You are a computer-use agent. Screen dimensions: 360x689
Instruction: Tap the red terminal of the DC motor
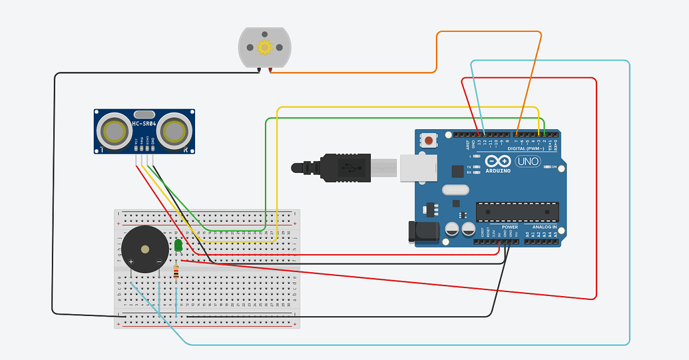coord(270,69)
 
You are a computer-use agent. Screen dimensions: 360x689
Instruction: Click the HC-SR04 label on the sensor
coord(144,124)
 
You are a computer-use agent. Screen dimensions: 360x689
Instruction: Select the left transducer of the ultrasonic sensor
coord(115,130)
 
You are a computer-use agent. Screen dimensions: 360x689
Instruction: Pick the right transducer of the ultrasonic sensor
coord(175,130)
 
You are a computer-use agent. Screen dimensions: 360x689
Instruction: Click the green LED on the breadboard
coord(178,246)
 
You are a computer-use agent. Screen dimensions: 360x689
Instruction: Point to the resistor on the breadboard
coord(176,271)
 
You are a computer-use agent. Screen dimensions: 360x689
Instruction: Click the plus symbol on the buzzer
coord(131,262)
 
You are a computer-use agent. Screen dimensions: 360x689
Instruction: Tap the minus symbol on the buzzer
coord(158,262)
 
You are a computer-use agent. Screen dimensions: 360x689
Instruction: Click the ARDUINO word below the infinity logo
coord(498,170)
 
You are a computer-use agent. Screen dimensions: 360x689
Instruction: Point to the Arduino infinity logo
coord(498,161)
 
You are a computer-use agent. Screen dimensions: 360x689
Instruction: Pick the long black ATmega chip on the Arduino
coord(516,211)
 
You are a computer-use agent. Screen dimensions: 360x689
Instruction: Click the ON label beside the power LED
coord(555,167)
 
